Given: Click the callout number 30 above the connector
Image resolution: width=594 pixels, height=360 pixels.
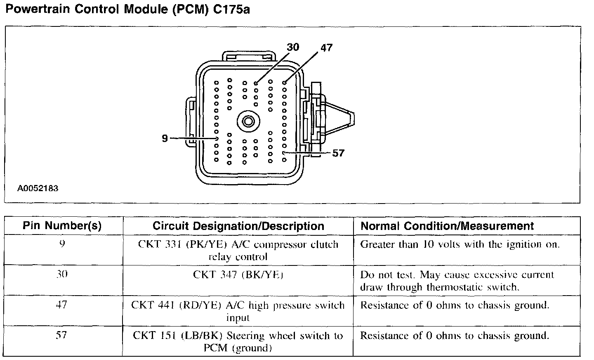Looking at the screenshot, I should click(293, 47).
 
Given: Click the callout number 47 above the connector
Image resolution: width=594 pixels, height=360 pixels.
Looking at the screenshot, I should click(326, 48).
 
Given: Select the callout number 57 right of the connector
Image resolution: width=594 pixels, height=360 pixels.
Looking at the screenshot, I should click(338, 153).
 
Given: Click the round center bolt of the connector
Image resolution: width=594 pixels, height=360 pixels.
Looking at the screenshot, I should click(248, 121).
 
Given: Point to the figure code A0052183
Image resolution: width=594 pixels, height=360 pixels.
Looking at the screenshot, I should click(38, 189).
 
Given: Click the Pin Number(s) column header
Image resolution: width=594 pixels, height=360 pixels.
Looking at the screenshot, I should click(62, 226).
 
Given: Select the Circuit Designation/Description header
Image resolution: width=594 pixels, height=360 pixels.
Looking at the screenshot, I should click(238, 226).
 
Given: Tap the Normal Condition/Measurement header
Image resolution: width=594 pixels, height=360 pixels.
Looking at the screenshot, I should click(447, 226).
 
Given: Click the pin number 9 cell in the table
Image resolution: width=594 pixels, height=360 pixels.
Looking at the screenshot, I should click(62, 244).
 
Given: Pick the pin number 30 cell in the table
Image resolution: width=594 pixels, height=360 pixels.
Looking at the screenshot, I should click(62, 275).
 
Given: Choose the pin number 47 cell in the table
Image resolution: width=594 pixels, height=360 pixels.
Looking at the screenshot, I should click(62, 305).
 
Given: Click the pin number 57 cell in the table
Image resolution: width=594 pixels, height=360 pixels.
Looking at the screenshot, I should click(62, 335).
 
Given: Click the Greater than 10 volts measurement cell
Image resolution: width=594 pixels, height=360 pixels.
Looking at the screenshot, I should click(460, 244).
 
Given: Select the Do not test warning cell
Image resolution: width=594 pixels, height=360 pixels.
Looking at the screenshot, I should click(457, 281).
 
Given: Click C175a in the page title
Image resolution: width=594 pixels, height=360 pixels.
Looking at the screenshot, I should click(231, 9).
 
